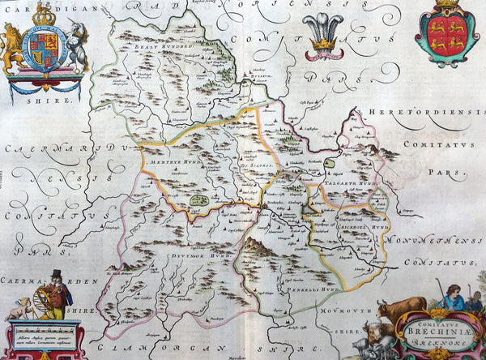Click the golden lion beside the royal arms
point(11,50)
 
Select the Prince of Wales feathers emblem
point(324,36)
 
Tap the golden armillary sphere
point(35,302)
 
